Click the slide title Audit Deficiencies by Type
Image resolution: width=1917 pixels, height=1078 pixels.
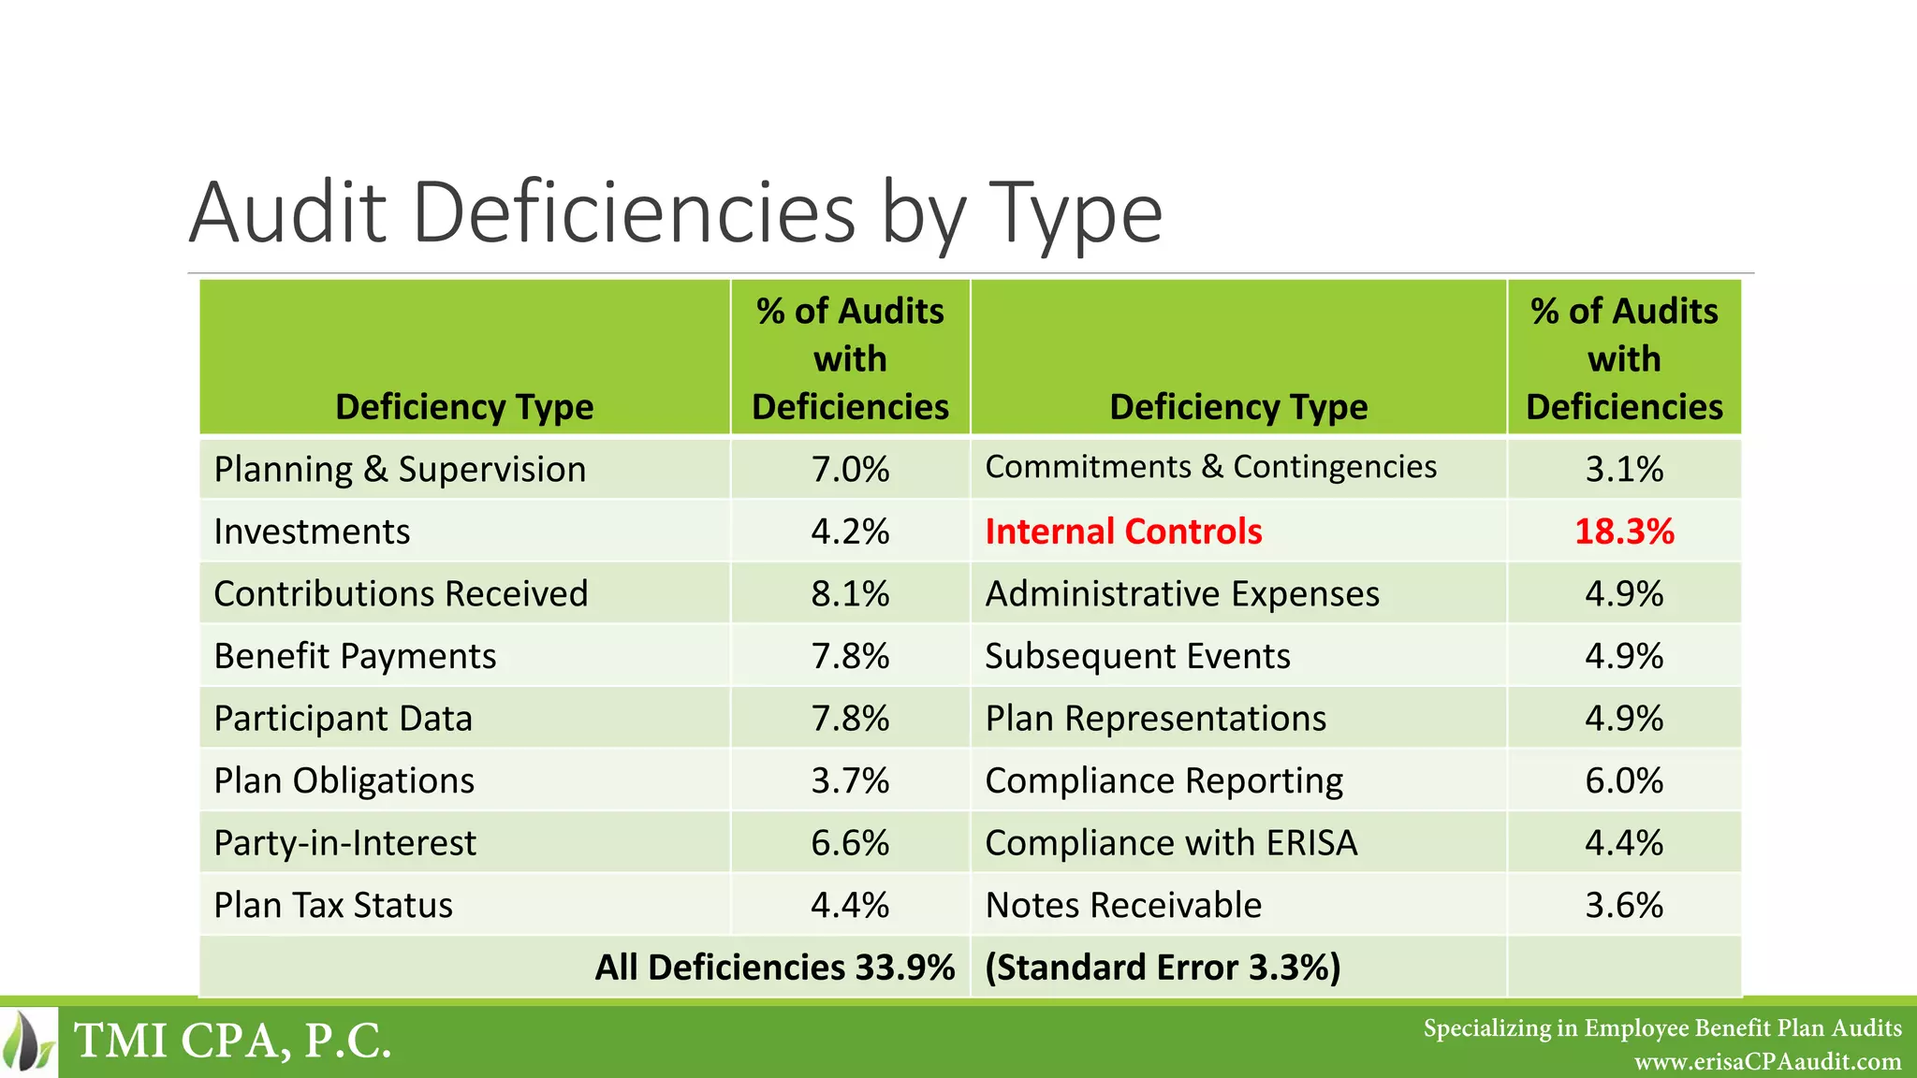click(675, 213)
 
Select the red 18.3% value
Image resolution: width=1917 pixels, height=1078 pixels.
click(1623, 532)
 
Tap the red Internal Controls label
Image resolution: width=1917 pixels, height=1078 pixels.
click(1123, 532)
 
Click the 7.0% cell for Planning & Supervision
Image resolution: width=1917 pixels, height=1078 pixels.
click(850, 469)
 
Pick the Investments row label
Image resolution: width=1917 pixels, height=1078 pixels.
click(312, 532)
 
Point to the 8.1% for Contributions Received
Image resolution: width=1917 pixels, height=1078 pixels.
click(850, 593)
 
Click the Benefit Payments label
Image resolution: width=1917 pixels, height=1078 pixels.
click(355, 656)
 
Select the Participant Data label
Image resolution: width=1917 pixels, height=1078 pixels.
click(343, 719)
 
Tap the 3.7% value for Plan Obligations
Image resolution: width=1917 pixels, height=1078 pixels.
click(850, 780)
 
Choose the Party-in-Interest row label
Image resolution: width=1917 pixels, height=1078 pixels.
click(344, 843)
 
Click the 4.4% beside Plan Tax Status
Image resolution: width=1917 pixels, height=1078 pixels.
click(850, 905)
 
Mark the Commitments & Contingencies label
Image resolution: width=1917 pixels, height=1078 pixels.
click(1210, 467)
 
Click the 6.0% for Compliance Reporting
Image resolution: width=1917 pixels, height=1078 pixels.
click(1623, 780)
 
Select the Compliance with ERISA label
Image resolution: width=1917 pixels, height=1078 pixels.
click(1171, 843)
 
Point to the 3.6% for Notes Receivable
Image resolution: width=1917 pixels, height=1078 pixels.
click(1623, 905)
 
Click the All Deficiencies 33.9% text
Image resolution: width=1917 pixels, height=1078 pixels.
click(774, 968)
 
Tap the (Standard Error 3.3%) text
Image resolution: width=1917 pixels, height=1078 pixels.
click(1163, 968)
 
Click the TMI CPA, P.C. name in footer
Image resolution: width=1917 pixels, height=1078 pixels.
click(232, 1041)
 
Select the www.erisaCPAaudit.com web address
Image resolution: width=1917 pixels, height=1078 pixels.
click(1767, 1062)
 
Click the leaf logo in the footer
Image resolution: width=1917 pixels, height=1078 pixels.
click(28, 1042)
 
